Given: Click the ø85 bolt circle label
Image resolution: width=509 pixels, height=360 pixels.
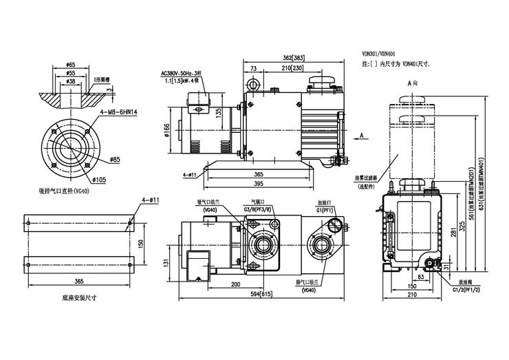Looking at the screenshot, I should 115,160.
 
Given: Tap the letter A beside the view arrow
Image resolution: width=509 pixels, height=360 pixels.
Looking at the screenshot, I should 361,137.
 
